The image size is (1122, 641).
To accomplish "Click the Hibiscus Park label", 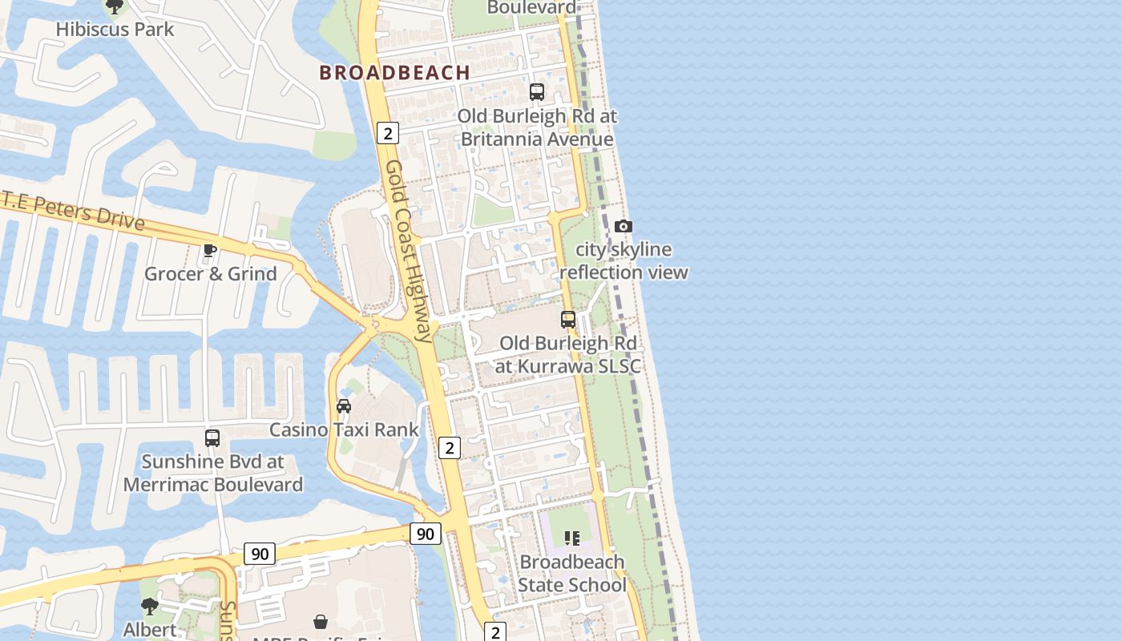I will (x=115, y=30).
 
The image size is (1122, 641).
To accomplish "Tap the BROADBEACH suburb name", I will (x=394, y=72).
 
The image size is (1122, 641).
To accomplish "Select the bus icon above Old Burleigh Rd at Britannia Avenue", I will (x=537, y=92).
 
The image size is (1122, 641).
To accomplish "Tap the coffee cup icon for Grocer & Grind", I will (x=210, y=250).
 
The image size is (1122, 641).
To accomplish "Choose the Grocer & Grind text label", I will (x=210, y=274).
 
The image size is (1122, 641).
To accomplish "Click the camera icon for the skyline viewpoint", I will (x=624, y=227).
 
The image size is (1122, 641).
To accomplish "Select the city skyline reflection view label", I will (x=624, y=261).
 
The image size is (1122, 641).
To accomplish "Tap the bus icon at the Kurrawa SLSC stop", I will (x=568, y=320).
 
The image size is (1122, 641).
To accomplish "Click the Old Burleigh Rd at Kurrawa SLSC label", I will (x=568, y=355).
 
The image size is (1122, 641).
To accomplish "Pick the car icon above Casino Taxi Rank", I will (x=344, y=406).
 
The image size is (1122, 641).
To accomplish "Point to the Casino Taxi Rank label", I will (x=344, y=430).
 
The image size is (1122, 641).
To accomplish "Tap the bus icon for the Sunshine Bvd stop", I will (x=212, y=438).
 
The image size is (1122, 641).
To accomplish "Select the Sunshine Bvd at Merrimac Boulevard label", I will (x=212, y=474).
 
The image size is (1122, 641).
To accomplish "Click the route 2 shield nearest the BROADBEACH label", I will (x=387, y=133).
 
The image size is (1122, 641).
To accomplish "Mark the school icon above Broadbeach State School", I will (x=571, y=538).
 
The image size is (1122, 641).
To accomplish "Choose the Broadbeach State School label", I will (x=571, y=574).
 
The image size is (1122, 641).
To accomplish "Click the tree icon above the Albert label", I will (x=149, y=606).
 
